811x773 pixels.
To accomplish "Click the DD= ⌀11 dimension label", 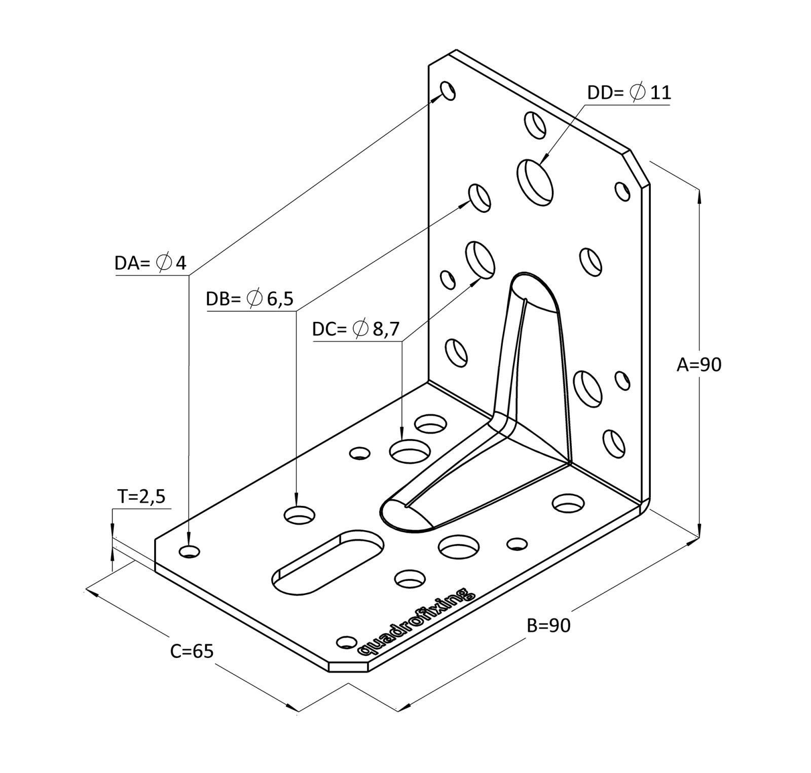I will (629, 93).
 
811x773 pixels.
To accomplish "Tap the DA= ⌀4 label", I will (151, 263).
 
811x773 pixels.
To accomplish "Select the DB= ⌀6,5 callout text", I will (249, 299).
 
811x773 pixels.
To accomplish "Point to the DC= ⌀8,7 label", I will (356, 329).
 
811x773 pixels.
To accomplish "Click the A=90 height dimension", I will (698, 364).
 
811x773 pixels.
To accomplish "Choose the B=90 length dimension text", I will (548, 625).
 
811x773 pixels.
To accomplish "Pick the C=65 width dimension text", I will (192, 651).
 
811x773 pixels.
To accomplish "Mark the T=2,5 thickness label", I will (141, 496).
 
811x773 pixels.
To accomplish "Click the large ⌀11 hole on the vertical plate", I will (535, 182).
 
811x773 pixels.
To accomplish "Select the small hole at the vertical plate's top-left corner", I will (448, 91).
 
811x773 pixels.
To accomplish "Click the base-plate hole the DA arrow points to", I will (190, 551).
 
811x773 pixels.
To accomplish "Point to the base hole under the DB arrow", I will (299, 515).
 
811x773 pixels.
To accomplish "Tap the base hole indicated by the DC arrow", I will (410, 451).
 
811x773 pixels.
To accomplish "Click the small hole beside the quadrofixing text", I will (347, 642).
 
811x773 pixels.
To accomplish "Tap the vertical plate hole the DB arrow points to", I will (480, 198).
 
